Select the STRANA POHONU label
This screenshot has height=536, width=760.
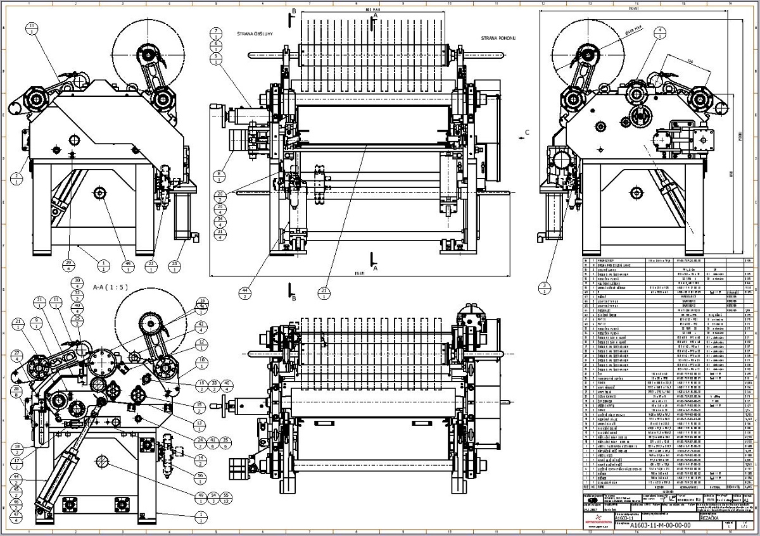pos(498,38)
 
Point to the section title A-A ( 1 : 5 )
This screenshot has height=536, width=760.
pos(110,287)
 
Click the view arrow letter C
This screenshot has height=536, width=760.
pos(527,133)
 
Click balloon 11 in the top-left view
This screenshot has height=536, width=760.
pos(32,29)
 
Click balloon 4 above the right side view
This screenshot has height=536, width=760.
pos(660,33)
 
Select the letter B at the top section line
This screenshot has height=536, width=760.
pos(294,12)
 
